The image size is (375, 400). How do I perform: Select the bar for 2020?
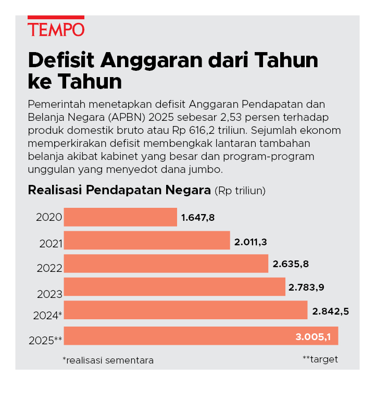tap(120, 217)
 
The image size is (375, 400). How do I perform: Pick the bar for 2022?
tap(166, 264)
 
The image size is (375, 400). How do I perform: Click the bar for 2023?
tap(175, 286)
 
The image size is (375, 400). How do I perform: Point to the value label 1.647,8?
tap(198, 217)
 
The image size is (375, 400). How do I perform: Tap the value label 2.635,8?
tap(291, 264)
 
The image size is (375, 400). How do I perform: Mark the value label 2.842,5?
tap(330, 311)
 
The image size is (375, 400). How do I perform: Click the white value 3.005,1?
tap(313, 337)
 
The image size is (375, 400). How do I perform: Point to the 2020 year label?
tap(49, 218)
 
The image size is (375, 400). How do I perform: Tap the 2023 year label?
tap(50, 294)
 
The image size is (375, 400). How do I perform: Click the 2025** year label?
tap(46, 340)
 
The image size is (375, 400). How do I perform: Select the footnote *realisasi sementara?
tap(108, 360)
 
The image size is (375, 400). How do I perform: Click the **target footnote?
tap(320, 359)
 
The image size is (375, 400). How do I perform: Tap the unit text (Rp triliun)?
tap(240, 191)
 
